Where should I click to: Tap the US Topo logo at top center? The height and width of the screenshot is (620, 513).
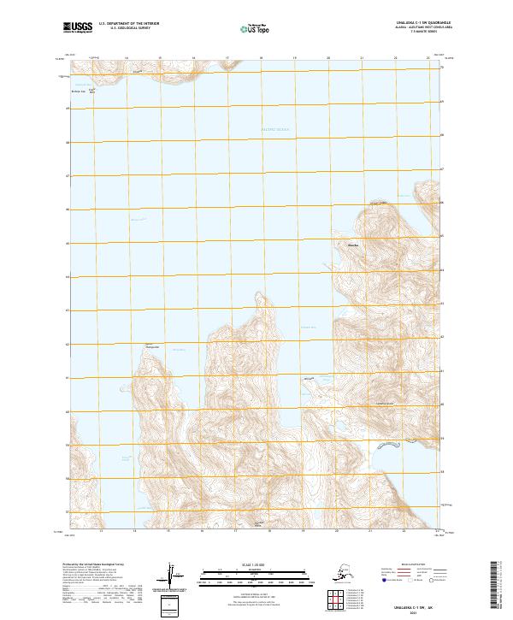pos(256,29)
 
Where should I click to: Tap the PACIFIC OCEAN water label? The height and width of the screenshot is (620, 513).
pos(275,129)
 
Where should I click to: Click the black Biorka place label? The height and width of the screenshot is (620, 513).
pos(347,245)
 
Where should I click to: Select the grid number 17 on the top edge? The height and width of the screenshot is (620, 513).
pos(227,59)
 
